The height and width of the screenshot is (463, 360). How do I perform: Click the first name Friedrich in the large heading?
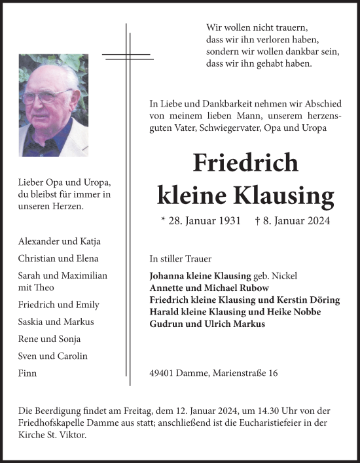pos(245,162)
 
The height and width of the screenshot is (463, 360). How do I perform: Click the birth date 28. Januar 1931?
pos(200,221)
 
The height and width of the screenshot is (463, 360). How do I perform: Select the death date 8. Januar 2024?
pos(298,221)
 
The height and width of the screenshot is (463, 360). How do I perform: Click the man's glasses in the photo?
pos(46,95)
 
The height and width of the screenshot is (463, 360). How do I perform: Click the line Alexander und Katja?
pos(60,241)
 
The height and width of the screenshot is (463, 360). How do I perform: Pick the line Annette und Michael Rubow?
pos(209,288)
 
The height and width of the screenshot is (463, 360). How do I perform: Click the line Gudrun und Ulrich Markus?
pos(207,324)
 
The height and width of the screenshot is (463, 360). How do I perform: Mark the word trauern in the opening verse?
pos(289,28)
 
